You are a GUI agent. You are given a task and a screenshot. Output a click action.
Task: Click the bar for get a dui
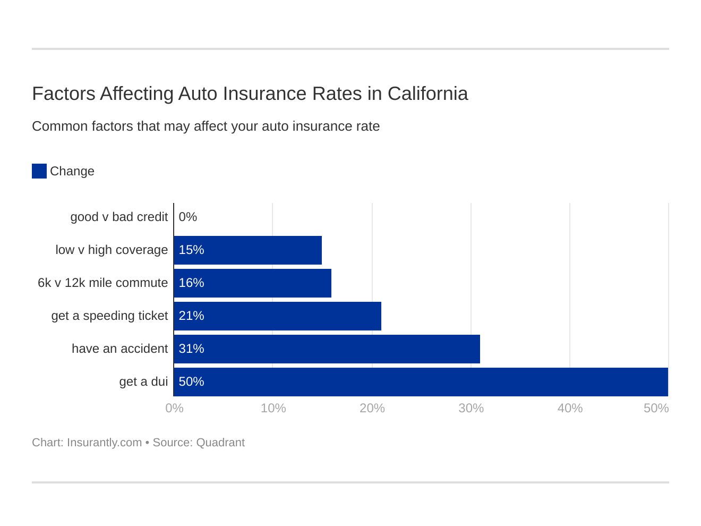point(421,381)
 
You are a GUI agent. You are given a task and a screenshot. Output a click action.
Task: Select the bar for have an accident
point(327,349)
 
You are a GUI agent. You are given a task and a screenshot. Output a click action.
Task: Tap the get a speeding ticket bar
point(277,316)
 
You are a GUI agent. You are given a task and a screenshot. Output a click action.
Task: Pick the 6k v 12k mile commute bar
point(252,283)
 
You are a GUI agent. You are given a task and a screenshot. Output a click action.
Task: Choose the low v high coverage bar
point(247,250)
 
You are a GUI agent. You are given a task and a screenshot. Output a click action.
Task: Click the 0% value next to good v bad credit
point(187,217)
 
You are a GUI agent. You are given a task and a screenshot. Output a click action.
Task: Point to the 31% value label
point(191,349)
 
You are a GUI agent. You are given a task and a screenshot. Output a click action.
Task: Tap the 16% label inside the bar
point(191,283)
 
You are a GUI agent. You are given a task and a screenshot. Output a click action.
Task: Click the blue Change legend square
point(39,171)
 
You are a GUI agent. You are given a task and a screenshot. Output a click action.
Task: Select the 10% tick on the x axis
point(273,408)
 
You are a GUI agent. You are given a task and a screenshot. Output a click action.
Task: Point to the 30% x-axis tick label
point(471,408)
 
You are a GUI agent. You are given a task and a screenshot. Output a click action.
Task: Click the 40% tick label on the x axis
point(570,408)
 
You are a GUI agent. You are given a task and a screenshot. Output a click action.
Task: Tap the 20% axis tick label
point(372,408)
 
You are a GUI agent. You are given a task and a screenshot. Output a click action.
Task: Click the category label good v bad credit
point(119,217)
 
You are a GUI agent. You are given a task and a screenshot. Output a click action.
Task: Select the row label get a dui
point(143,381)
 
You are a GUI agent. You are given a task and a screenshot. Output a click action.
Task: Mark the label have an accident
point(119,349)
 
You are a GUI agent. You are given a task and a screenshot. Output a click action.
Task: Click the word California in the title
point(428,94)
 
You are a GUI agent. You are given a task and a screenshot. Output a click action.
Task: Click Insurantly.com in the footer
point(104,443)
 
